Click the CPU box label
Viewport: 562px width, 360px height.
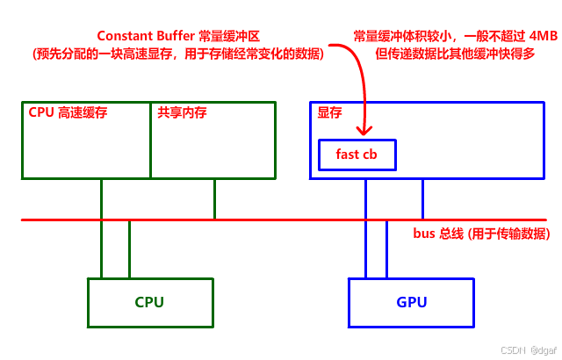point(149,303)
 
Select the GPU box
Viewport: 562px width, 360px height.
point(411,302)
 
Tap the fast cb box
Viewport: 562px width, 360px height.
point(357,155)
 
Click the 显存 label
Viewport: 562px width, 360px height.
point(330,112)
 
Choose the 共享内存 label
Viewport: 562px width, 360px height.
point(182,112)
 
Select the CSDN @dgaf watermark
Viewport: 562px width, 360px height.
point(528,349)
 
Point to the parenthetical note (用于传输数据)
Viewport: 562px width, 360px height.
point(509,234)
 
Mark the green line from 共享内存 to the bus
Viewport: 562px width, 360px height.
point(213,199)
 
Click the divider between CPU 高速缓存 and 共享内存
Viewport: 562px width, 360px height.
point(150,140)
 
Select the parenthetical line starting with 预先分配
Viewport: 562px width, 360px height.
point(179,54)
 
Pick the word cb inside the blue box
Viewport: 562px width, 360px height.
point(370,155)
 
